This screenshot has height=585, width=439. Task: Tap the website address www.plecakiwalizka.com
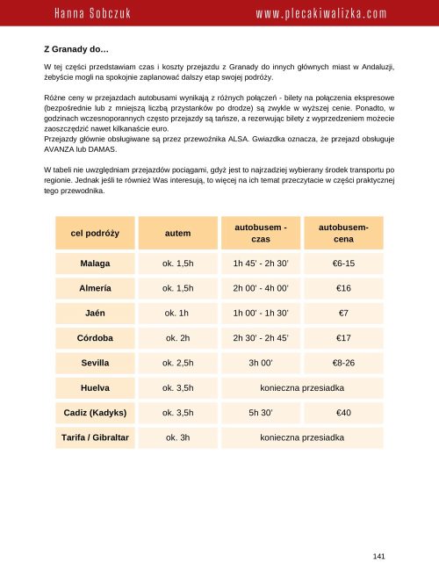point(321,15)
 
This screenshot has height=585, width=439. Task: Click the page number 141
point(379,555)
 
